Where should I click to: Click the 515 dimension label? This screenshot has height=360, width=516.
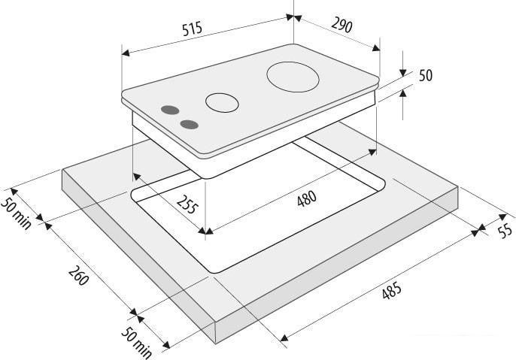tap(193, 29)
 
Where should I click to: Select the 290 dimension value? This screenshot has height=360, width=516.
tap(341, 26)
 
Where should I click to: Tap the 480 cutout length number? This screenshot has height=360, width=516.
tap(307, 198)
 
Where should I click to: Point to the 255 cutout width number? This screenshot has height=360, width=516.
tap(187, 204)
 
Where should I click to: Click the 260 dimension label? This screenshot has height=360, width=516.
tap(79, 275)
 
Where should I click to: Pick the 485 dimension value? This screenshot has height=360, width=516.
tap(392, 290)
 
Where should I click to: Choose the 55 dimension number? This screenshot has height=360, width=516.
tap(505, 230)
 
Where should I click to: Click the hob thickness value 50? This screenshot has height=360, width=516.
tap(426, 75)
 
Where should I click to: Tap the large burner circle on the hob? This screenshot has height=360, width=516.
tap(293, 77)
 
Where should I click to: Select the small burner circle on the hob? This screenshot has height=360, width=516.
tap(222, 102)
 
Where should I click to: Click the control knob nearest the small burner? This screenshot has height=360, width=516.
tap(170, 110)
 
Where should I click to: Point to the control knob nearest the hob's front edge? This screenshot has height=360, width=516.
tap(190, 125)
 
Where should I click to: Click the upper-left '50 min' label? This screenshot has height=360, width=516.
tap(16, 213)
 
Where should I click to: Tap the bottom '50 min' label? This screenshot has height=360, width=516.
tap(136, 343)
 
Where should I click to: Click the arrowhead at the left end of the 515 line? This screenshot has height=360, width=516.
tap(126, 53)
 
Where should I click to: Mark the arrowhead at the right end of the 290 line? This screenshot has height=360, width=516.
tap(376, 48)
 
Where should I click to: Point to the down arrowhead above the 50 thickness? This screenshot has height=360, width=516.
tap(403, 73)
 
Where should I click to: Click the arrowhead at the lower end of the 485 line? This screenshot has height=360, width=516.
tap(284, 337)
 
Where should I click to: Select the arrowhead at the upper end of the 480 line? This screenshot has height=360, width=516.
tap(372, 153)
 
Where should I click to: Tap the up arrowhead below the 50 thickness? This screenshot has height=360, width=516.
tap(403, 94)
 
